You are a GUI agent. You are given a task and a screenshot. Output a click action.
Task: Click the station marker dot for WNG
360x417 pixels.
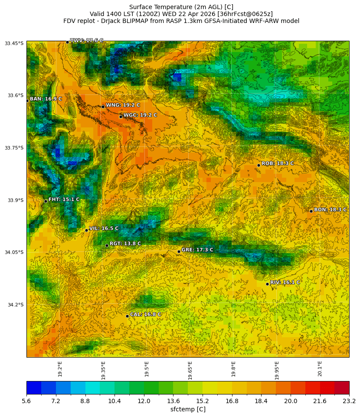point(103,107)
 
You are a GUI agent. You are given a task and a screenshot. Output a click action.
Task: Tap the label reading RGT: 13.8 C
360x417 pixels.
point(125,244)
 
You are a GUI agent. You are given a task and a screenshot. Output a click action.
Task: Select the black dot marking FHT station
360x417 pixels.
point(46,201)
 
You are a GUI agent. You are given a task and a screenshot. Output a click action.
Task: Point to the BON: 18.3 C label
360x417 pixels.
point(330,210)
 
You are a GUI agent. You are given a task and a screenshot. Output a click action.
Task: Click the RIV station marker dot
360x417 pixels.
point(267,284)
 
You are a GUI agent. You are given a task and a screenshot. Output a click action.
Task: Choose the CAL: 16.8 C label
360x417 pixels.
point(145,314)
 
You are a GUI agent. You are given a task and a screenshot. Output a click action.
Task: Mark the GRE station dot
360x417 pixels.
point(179,251)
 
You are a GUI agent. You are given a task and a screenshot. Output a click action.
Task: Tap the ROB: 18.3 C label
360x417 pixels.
point(277,163)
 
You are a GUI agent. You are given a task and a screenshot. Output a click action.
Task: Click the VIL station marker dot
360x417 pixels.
point(86,230)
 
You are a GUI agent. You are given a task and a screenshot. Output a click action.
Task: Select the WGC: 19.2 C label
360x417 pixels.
point(140,115)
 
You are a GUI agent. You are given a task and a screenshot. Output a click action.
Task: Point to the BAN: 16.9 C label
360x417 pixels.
point(46,99)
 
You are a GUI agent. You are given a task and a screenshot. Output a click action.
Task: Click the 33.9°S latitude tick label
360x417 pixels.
point(14,200)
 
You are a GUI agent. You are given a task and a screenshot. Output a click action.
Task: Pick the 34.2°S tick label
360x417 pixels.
point(14,305)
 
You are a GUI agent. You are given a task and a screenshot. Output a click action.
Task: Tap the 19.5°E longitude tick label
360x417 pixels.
point(147,369)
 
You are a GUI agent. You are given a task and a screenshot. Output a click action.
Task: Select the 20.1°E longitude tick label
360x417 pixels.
point(320,369)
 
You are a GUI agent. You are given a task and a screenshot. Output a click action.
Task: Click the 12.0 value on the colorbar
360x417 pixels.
point(144,401)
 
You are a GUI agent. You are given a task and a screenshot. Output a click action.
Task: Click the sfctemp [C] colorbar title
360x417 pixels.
point(188,409)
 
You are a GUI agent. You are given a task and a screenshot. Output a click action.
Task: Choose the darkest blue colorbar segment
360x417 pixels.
point(34,388)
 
